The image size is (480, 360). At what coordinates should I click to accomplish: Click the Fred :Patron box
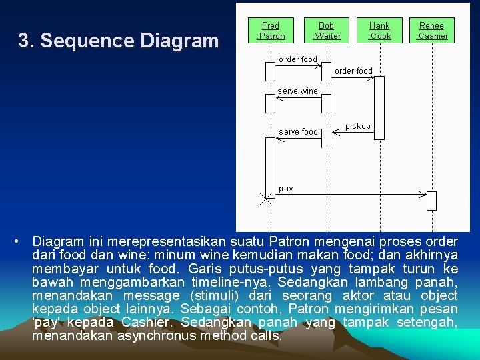click(271, 31)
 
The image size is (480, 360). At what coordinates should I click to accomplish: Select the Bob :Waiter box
click(326, 31)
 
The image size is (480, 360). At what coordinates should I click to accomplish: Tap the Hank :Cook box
click(379, 31)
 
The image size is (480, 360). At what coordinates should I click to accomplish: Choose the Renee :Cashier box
click(431, 31)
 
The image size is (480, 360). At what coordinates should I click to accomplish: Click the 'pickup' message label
click(358, 126)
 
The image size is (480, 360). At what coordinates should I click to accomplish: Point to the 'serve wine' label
click(297, 91)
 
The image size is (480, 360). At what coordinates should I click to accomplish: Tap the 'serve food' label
click(298, 132)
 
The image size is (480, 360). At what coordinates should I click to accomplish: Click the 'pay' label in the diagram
click(286, 189)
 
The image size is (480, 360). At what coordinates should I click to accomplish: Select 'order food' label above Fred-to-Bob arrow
click(298, 59)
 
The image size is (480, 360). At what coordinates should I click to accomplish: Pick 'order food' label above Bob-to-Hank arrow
click(353, 71)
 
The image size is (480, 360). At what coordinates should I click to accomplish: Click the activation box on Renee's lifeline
click(431, 200)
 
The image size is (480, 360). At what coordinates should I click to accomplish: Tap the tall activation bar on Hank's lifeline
click(379, 107)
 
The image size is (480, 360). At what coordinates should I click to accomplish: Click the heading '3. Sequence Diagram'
click(118, 41)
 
